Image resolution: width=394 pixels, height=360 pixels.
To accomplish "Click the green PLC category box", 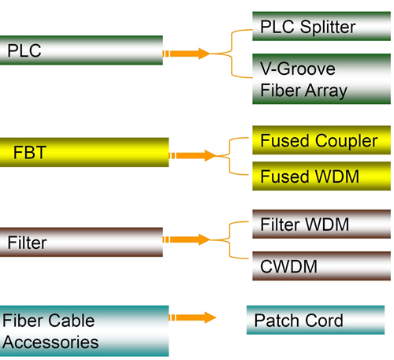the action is pos(81,50).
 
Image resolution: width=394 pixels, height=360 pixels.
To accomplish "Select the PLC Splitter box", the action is pos(322,26).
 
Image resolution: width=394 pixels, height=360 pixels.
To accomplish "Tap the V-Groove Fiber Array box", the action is pos(322,79).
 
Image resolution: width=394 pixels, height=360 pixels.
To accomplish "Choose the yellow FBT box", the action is pos(84,152).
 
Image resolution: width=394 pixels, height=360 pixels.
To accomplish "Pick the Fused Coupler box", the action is pos(322,140).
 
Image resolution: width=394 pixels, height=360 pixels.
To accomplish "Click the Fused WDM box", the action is pos(322,176).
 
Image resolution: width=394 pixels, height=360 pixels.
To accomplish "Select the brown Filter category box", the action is pos(81,242).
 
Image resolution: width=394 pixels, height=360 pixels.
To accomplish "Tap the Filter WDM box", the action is pos(322,224).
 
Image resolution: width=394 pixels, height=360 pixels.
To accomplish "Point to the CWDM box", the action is pos(322,266).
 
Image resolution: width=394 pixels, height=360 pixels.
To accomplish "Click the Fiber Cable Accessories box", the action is pos(84,331).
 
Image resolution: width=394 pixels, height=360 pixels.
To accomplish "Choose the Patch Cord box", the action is pos(315,320).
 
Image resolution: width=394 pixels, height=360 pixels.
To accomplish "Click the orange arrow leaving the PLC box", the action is pos(187,54).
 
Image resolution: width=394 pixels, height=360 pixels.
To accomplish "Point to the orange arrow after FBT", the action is pos(192,156).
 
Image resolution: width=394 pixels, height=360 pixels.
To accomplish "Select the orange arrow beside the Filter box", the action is pos(187,239).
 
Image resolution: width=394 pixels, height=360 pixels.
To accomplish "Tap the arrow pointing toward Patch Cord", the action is pos(192,317).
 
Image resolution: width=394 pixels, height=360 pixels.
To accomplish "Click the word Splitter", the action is pos(328,28).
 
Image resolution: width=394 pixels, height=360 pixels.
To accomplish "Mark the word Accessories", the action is pos(50,343).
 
